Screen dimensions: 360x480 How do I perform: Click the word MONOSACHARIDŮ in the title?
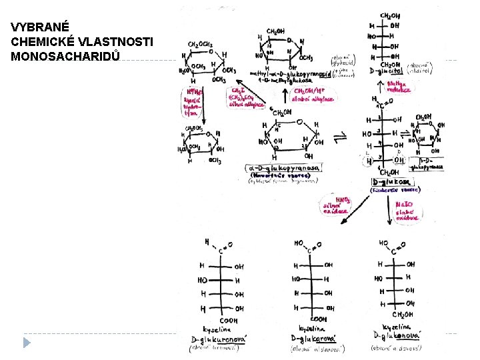coord(65,56)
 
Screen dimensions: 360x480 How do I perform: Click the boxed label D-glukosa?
coord(391,181)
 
